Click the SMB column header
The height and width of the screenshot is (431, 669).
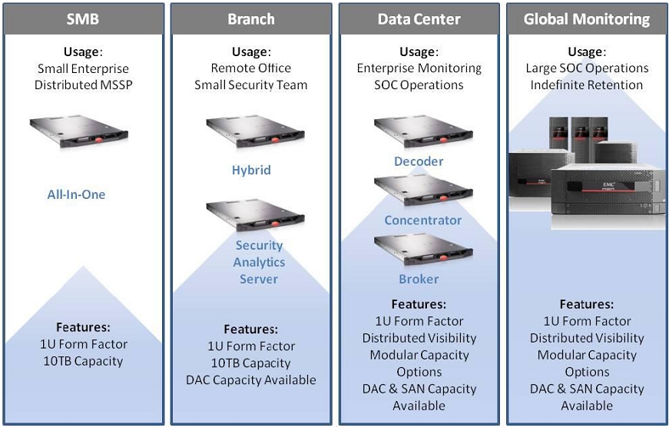(83, 19)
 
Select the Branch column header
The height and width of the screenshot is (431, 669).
(250, 19)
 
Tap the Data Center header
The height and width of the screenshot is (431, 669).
(419, 19)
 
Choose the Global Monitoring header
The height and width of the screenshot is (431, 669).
(586, 19)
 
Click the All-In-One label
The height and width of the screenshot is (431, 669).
(76, 194)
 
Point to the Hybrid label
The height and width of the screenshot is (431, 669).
(251, 170)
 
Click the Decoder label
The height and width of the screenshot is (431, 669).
(419, 161)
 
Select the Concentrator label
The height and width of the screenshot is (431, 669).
(422, 220)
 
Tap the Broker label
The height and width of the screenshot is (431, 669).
(419, 279)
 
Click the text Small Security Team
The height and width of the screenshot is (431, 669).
(250, 85)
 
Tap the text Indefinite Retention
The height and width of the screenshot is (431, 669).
(586, 85)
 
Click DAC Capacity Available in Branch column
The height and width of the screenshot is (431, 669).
(250, 380)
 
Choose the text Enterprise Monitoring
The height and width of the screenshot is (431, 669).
(419, 68)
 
